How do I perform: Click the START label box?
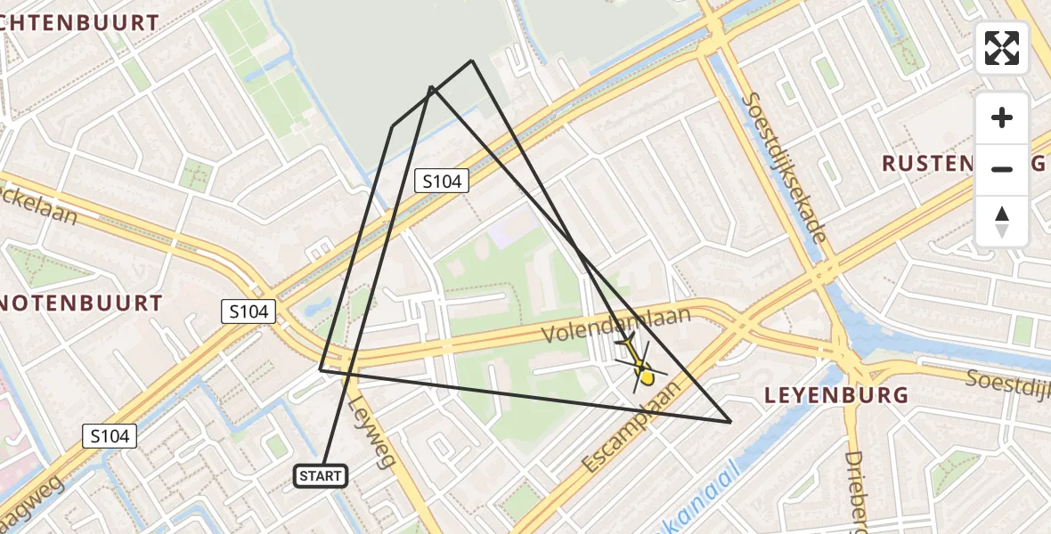coord(321,476)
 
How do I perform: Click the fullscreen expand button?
coord(1002,48)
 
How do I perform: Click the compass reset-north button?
coord(1002,222)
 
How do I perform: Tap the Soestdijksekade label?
coord(785,168)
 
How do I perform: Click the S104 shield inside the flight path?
coord(442,182)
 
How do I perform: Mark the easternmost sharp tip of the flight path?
coord(730,422)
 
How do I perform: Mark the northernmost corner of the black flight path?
coord(472,61)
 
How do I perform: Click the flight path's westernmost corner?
coord(321,368)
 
